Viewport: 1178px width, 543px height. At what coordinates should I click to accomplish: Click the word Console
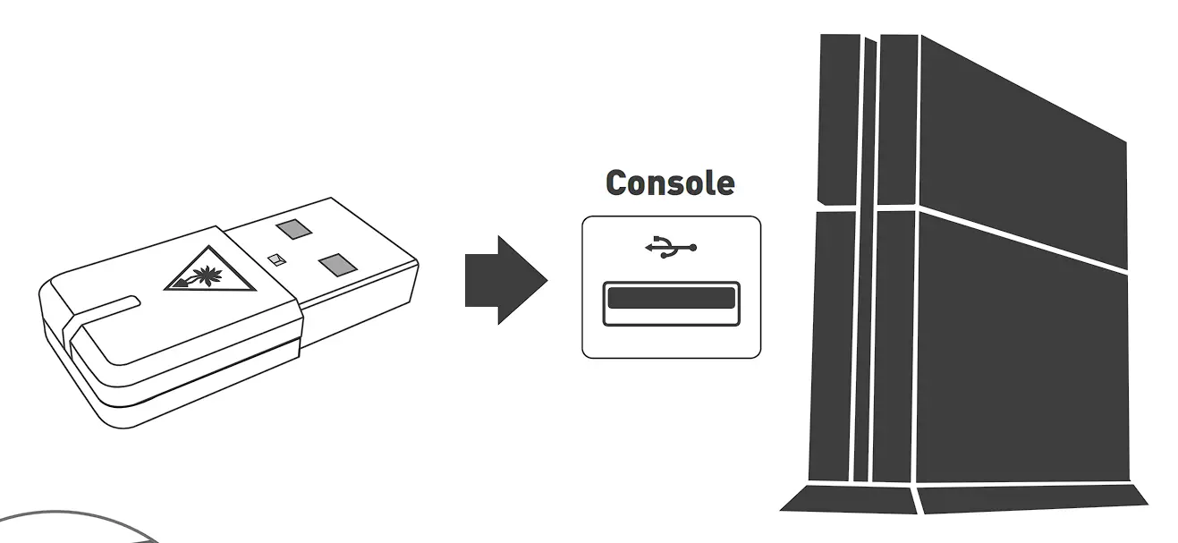pyautogui.click(x=670, y=182)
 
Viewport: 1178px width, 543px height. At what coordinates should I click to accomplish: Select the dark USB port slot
pyautogui.click(x=671, y=298)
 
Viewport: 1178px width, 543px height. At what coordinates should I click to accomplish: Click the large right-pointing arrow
pyautogui.click(x=504, y=280)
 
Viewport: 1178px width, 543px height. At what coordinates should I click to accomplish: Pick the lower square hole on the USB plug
pyautogui.click(x=336, y=266)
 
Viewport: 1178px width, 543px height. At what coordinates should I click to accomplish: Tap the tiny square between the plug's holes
pyautogui.click(x=276, y=259)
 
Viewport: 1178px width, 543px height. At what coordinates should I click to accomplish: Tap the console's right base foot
pyautogui.click(x=1033, y=496)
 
